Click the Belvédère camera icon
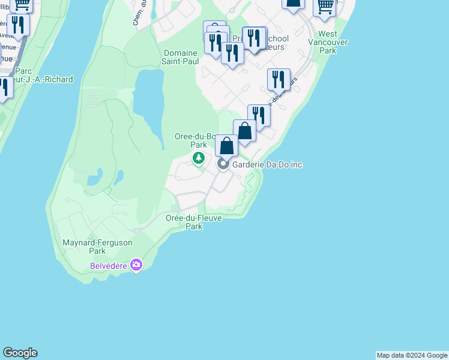click(136, 265)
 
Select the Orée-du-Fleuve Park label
click(194, 222)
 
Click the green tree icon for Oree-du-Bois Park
click(198, 158)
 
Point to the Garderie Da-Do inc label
click(268, 164)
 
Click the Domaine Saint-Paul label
click(180, 57)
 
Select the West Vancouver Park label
click(328, 42)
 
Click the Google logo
click(20, 353)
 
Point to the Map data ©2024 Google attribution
click(412, 355)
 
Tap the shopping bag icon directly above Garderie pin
click(226, 146)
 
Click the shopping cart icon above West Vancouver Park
click(325, 6)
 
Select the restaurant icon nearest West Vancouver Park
click(279, 79)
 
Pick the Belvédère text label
click(109, 265)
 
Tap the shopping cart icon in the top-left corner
click(22, 5)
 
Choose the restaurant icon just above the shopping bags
click(259, 114)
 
